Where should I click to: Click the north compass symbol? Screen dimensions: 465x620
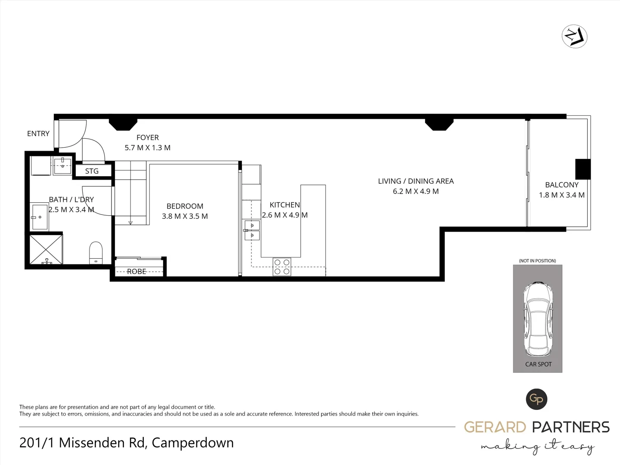tap(575, 36)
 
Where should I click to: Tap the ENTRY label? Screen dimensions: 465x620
tap(38, 133)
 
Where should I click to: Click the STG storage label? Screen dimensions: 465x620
tap(92, 171)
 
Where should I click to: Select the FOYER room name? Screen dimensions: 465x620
tap(148, 137)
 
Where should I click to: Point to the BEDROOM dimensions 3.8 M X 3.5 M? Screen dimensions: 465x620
tap(185, 216)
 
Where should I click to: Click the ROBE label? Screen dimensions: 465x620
tap(136, 271)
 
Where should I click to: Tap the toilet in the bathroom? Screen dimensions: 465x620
tap(96, 252)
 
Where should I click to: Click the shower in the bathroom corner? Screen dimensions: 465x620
tap(46, 249)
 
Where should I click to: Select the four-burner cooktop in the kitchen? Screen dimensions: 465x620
tap(282, 267)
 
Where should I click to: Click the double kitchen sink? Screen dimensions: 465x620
tap(252, 230)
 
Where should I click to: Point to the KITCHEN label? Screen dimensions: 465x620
tap(285, 205)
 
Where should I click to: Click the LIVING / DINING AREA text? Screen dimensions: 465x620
tap(415, 181)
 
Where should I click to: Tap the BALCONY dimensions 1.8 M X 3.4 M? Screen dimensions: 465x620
tap(561, 195)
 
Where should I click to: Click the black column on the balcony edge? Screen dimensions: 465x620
tap(583, 169)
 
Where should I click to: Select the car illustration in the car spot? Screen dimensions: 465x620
tap(537, 318)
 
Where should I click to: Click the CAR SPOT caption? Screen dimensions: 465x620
tap(538, 364)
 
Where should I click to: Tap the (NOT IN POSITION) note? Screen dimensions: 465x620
tap(537, 261)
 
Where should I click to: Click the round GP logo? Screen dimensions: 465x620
tap(536, 399)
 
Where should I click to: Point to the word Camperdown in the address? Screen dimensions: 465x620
tap(192, 443)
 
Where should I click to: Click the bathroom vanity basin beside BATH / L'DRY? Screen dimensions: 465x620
tap(40, 217)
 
